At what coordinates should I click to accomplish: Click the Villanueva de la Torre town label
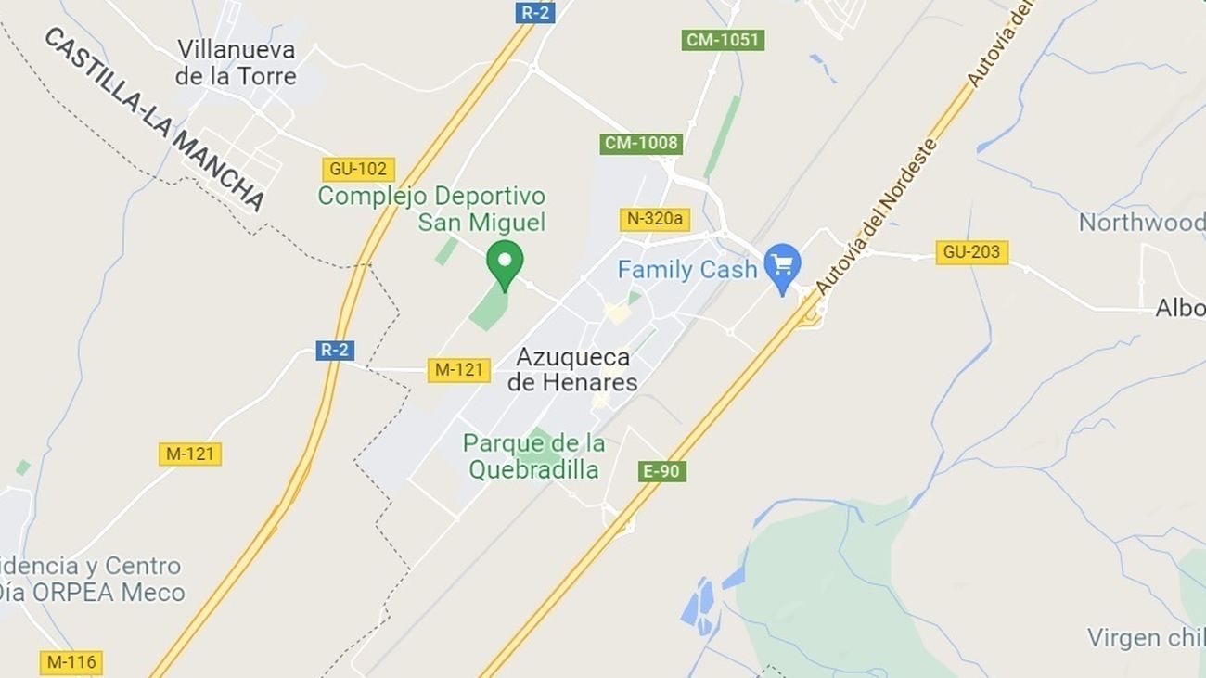[236, 62]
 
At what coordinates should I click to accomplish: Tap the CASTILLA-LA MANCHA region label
[154, 118]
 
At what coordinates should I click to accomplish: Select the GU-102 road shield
[359, 169]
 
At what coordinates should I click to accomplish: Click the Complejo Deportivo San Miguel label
[431, 209]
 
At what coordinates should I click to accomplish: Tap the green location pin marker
[505, 263]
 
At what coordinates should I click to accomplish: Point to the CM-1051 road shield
[723, 40]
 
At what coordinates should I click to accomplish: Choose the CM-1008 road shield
[641, 144]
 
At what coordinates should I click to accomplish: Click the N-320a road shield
[655, 220]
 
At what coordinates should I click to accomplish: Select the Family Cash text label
[687, 270]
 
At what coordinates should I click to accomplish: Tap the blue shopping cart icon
[783, 266]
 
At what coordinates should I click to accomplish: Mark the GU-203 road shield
[971, 252]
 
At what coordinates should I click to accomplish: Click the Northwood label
[1141, 223]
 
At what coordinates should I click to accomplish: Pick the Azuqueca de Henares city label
[572, 369]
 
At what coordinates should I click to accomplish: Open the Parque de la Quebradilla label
[533, 456]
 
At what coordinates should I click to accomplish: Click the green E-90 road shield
[661, 471]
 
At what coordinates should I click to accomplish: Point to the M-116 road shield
[71, 662]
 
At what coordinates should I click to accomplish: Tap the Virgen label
[1146, 638]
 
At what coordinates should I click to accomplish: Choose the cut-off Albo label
[1179, 309]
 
